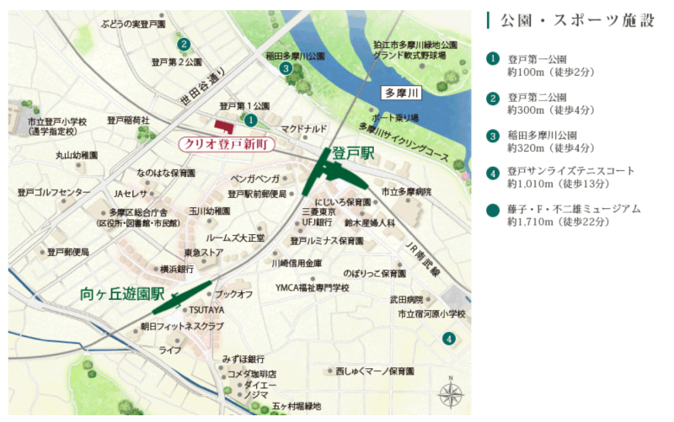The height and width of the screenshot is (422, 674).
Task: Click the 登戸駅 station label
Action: click(352, 153)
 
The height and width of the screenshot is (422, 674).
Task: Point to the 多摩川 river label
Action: click(400, 92)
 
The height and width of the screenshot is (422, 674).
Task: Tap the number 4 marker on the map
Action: click(449, 339)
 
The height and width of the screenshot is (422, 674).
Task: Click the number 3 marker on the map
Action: click(286, 69)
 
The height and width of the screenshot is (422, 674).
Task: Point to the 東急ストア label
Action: click(203, 253)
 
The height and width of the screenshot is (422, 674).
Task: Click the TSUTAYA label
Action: click(206, 310)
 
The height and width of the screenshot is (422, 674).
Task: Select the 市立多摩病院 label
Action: click(406, 192)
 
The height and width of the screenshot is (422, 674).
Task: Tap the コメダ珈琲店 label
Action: click(252, 373)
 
